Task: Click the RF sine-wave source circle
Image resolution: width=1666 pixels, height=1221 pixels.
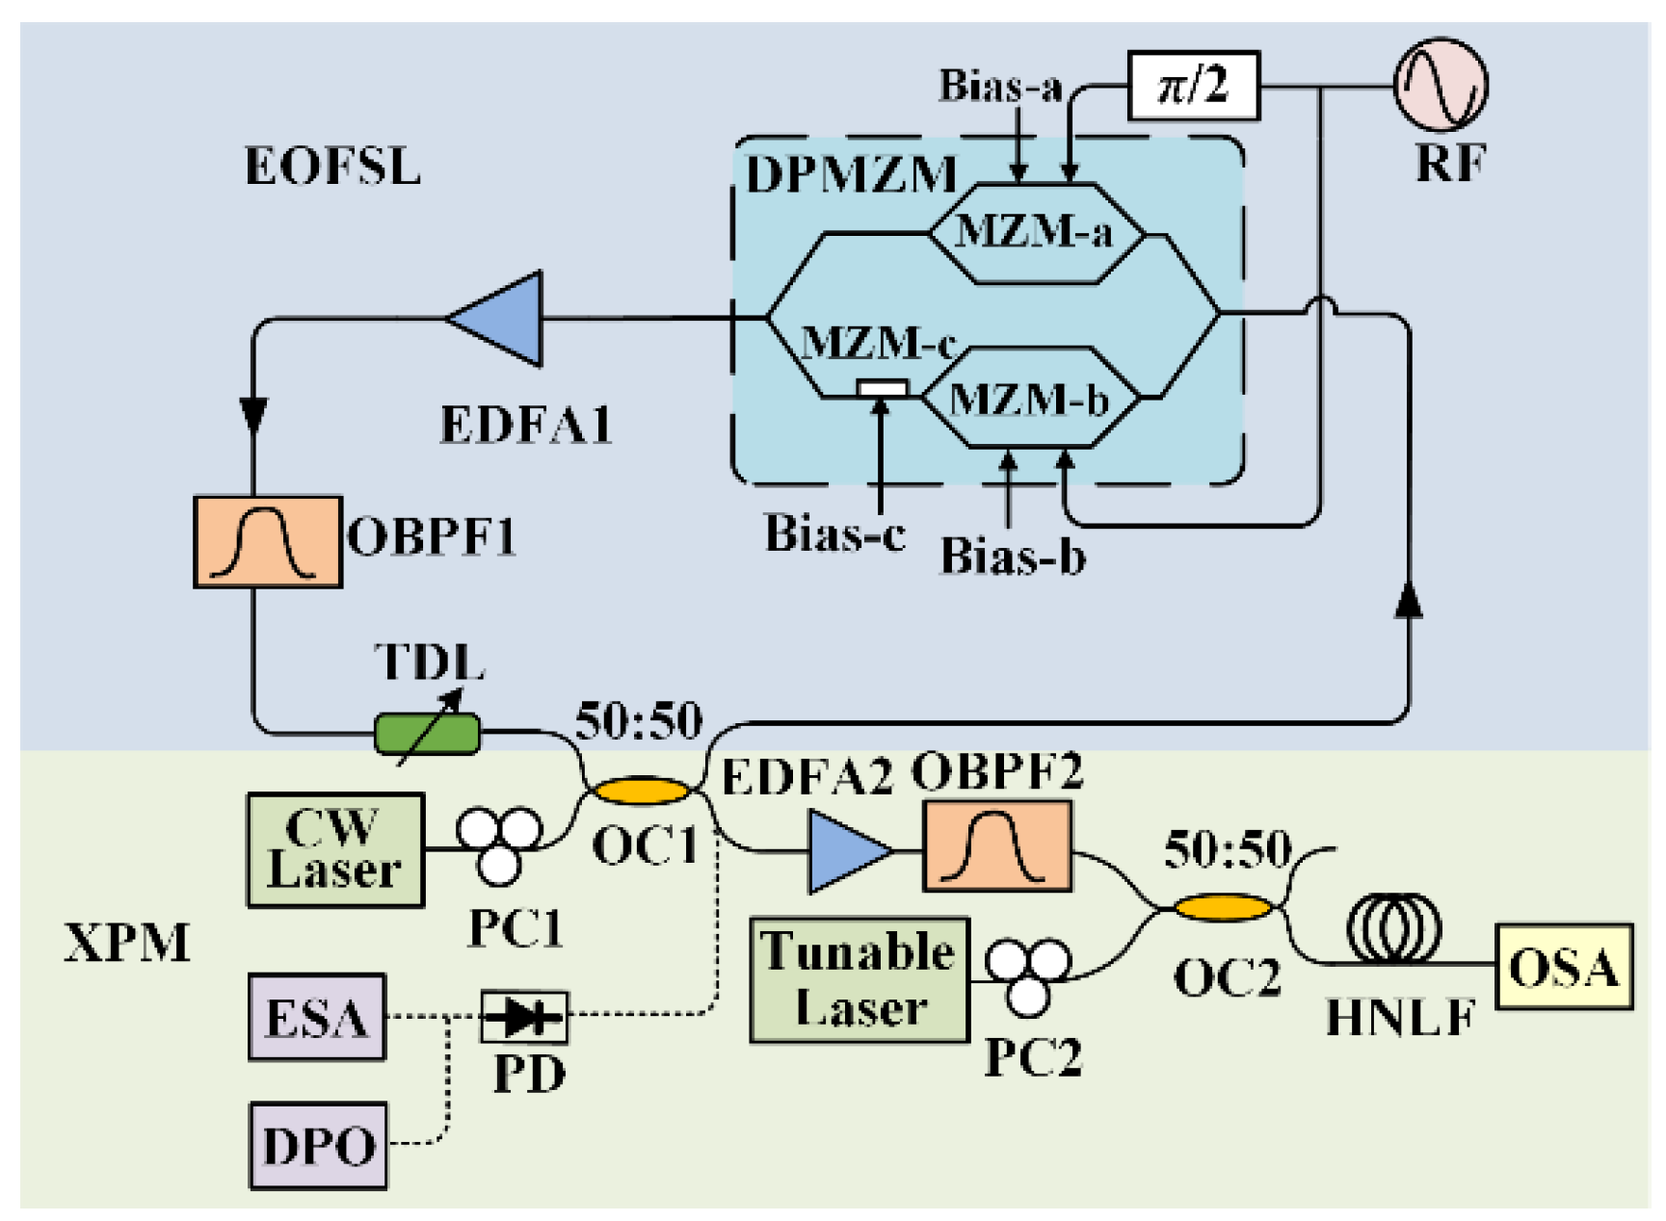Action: (x=1441, y=85)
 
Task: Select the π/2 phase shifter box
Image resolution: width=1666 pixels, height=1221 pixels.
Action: (x=1193, y=86)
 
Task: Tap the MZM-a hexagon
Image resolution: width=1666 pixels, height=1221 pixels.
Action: (x=1036, y=233)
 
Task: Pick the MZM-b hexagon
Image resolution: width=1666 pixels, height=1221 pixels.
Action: (x=1030, y=398)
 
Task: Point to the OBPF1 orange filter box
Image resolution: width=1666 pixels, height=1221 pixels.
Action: (x=268, y=541)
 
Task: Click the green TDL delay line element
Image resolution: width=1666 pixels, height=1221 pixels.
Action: (x=427, y=734)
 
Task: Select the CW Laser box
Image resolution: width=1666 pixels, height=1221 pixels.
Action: (x=335, y=850)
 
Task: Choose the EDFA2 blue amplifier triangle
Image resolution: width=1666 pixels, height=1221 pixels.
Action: (x=846, y=851)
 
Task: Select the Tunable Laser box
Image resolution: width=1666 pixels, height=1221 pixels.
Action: (x=859, y=979)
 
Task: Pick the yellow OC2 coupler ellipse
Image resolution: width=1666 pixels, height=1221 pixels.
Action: (x=1222, y=907)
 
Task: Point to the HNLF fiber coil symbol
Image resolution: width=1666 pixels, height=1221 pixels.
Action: (x=1393, y=929)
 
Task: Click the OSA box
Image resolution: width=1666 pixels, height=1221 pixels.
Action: (x=1563, y=967)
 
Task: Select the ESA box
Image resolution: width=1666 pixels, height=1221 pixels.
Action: (x=317, y=1017)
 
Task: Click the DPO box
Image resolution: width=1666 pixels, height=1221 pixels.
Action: (x=318, y=1146)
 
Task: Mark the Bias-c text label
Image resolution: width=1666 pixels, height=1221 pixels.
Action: (x=834, y=533)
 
